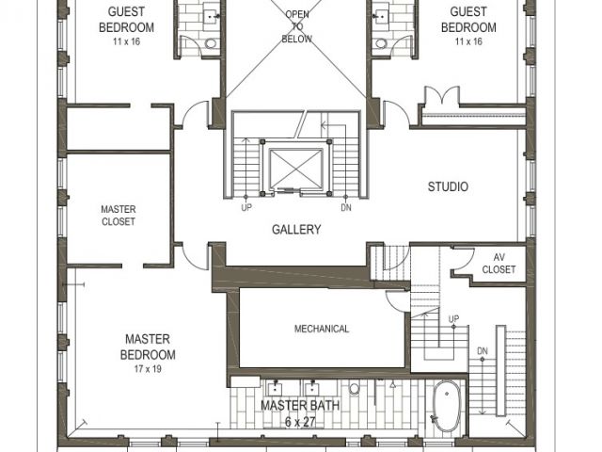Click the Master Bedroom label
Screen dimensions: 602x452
[148, 347]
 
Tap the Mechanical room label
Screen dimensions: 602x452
[322, 329]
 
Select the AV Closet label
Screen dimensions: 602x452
[499, 264]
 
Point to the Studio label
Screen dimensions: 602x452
[448, 186]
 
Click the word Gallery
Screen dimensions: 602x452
[296, 230]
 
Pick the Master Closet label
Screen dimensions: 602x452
[119, 216]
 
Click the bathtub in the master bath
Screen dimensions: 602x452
[447, 406]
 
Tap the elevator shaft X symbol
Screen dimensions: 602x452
[295, 169]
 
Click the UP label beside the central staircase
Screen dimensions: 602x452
[246, 207]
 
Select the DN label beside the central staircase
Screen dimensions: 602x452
[346, 207]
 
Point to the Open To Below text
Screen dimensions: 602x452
[297, 26]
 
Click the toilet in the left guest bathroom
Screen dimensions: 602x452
[211, 42]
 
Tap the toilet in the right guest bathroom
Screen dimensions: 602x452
[381, 42]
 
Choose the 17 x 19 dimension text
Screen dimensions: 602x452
[148, 369]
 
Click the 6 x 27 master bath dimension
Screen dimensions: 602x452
[300, 422]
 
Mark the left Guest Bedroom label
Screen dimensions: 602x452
[126, 20]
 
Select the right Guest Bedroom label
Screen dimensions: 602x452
[468, 20]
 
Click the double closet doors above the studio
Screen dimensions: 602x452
[441, 95]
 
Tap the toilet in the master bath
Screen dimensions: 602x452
[355, 388]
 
